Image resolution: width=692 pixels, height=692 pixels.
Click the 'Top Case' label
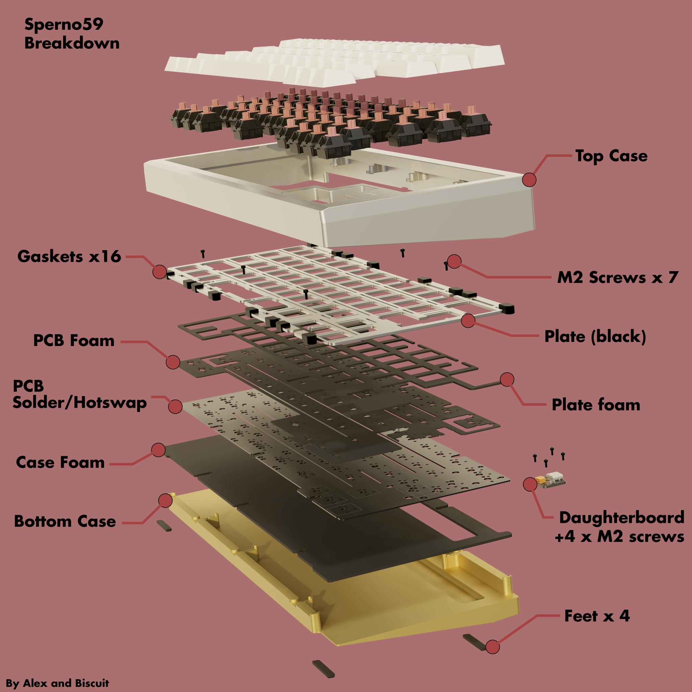click(611, 156)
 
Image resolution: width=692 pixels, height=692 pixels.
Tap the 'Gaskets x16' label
click(69, 256)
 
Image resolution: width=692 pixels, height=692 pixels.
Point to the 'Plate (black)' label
click(595, 336)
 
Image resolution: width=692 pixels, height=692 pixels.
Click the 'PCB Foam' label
click(74, 340)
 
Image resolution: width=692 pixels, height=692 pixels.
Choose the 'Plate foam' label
click(596, 405)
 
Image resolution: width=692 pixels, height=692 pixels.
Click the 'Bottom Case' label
click(65, 521)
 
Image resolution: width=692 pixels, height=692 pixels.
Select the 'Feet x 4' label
click(597, 616)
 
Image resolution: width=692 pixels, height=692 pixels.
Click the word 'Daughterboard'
click(621, 518)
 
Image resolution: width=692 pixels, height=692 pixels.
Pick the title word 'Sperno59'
click(64, 24)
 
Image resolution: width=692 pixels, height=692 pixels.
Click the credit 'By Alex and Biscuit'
click(57, 683)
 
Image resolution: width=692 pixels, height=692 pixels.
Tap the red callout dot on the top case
click(529, 179)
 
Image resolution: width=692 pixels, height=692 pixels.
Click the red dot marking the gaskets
click(160, 272)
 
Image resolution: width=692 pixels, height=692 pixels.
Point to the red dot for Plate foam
click(507, 379)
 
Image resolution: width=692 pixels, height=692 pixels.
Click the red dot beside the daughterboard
click(530, 484)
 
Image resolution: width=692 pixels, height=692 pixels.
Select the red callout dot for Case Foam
click(158, 450)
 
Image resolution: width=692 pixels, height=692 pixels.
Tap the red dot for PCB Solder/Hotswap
click(175, 406)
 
